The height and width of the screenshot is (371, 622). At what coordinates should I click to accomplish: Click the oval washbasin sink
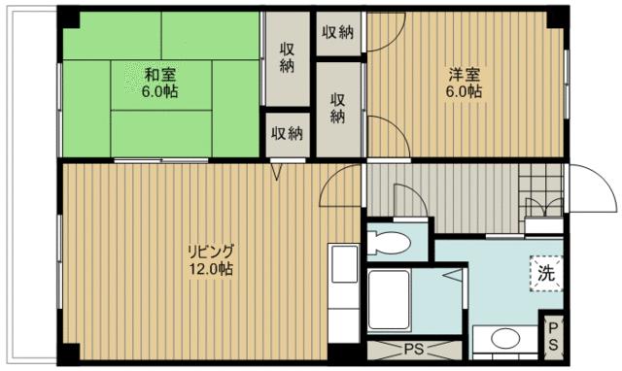[x=503, y=339]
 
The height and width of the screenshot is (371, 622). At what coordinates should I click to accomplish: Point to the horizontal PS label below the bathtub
[x=412, y=348]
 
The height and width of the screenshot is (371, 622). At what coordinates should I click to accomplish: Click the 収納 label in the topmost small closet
[x=337, y=32]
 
